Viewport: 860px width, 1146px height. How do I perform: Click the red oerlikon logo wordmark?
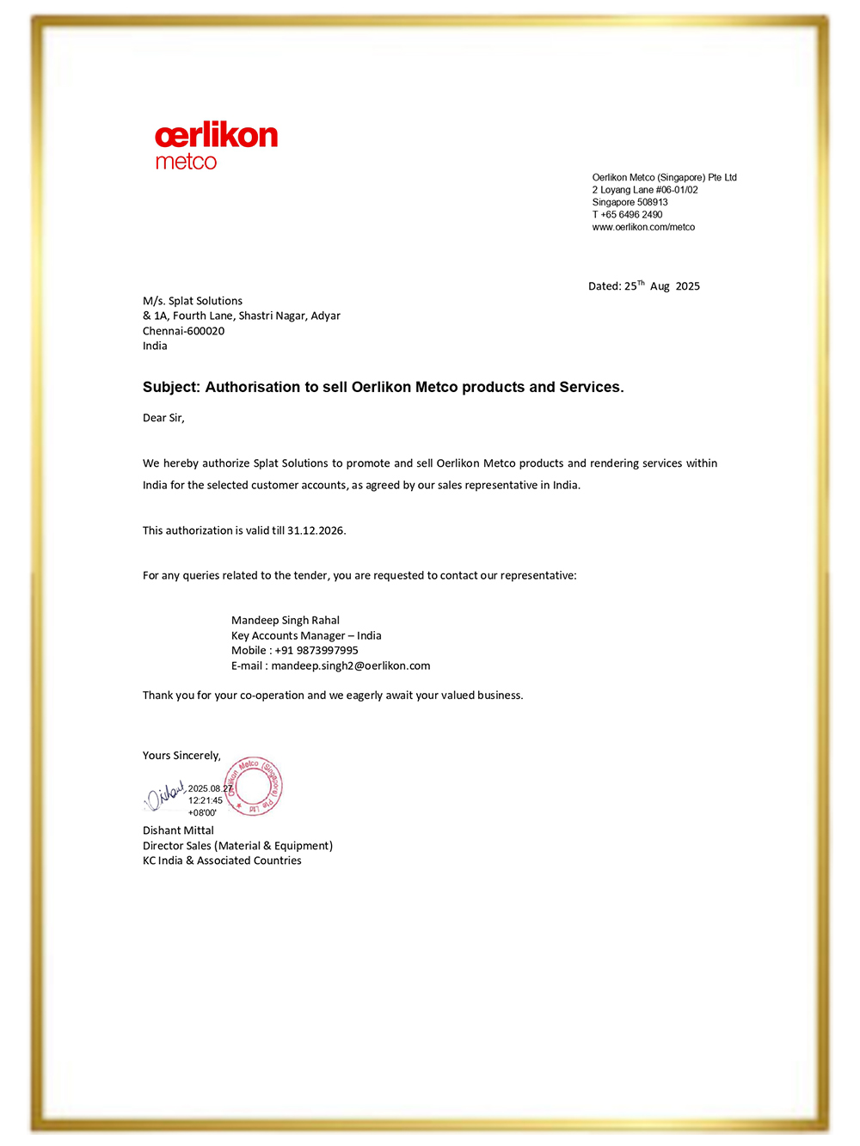[x=216, y=136]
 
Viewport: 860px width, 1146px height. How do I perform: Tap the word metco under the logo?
[x=186, y=162]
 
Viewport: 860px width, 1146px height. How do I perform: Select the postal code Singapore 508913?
[x=630, y=203]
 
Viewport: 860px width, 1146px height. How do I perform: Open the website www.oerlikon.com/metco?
[x=643, y=227]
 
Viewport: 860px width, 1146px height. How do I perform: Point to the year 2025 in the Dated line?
[x=687, y=286]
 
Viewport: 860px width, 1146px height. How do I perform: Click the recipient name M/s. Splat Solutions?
[x=193, y=301]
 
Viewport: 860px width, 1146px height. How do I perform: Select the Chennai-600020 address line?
[x=183, y=331]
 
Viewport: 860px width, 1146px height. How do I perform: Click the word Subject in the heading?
[x=170, y=387]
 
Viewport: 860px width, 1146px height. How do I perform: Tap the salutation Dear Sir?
[x=163, y=418]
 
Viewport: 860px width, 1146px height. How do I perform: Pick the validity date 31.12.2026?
[x=316, y=530]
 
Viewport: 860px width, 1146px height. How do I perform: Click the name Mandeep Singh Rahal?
[x=286, y=621]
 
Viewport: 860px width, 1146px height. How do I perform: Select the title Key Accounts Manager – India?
[x=306, y=636]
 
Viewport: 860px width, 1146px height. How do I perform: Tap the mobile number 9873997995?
[x=316, y=651]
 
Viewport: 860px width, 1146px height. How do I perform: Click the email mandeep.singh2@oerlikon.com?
[x=350, y=665]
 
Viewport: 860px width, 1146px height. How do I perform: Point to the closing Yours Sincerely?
[x=181, y=756]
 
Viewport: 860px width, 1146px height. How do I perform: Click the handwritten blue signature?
[x=164, y=796]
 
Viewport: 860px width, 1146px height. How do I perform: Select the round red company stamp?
[x=254, y=786]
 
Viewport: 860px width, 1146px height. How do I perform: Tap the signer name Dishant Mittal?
[x=178, y=830]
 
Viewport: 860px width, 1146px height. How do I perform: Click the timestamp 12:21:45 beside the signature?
[x=206, y=800]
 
